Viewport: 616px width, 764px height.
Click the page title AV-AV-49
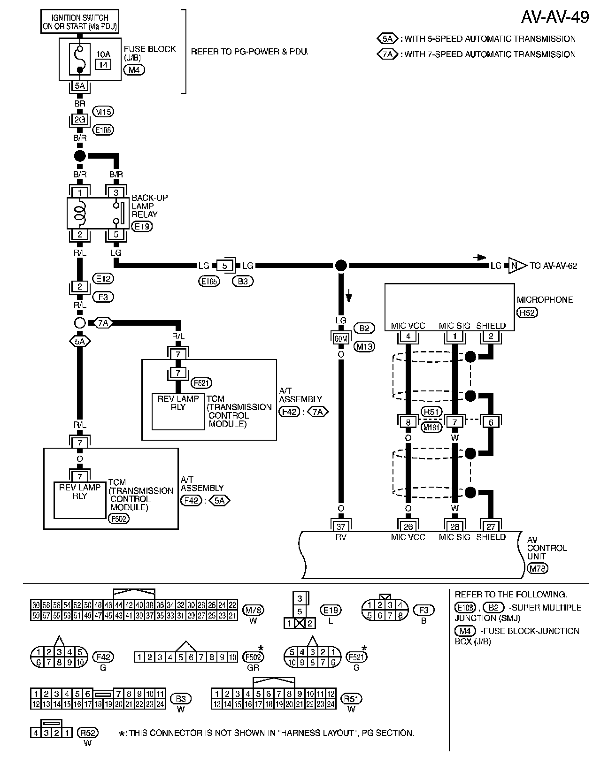click(554, 17)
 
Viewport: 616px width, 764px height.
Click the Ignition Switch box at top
click(80, 22)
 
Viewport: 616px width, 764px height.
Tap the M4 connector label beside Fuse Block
click(134, 70)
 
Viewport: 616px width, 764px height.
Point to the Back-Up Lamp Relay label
click(149, 206)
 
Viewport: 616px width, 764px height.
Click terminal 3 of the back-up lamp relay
click(116, 192)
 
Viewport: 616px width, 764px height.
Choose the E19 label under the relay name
click(141, 227)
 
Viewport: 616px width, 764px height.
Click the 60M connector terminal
click(341, 338)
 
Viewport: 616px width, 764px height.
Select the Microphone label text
click(545, 300)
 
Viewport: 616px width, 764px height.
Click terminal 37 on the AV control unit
click(341, 526)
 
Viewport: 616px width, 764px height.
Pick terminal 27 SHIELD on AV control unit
click(491, 526)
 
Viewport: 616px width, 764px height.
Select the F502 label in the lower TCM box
click(118, 519)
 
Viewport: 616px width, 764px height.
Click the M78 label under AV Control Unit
click(537, 569)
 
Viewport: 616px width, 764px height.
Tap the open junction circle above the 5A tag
click(80, 323)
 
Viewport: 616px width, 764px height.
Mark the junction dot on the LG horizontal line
click(341, 266)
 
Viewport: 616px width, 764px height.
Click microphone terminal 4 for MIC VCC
click(408, 336)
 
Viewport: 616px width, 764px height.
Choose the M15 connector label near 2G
click(103, 112)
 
